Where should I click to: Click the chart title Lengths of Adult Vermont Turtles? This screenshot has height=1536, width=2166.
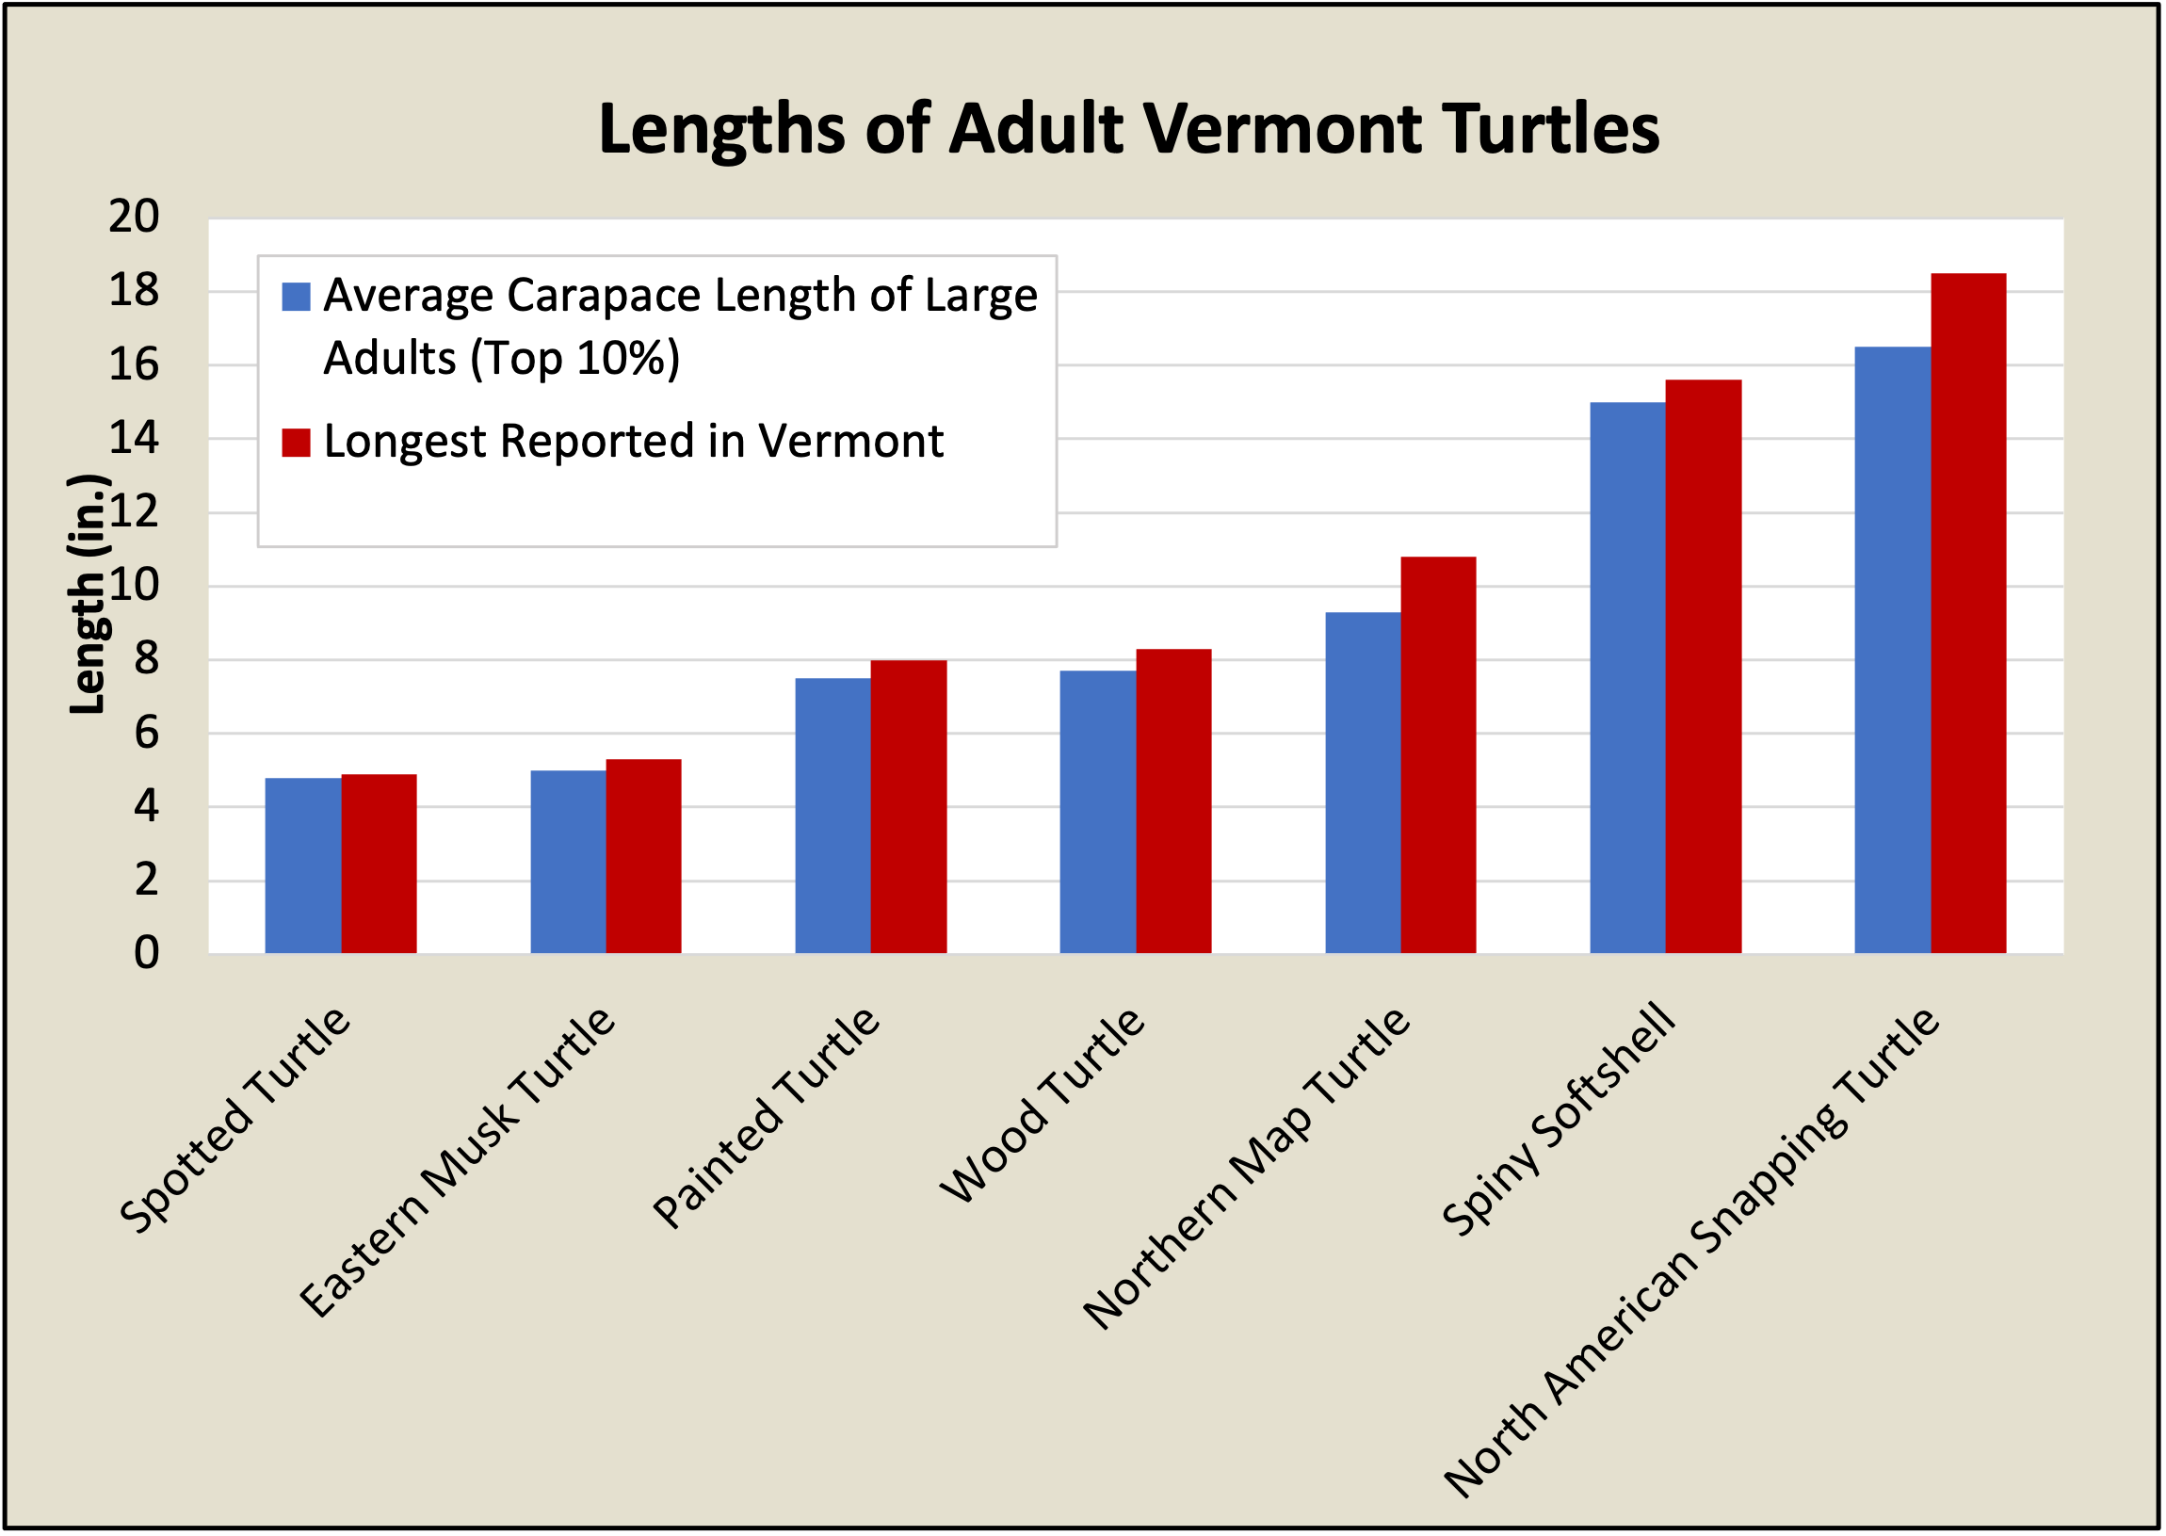point(1128,130)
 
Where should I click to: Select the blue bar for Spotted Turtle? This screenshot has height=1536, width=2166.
point(302,865)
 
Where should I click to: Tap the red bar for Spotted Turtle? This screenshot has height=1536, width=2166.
point(379,863)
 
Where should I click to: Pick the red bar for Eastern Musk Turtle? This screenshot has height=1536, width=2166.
point(643,855)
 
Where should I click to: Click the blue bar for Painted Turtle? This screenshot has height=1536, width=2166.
point(832,815)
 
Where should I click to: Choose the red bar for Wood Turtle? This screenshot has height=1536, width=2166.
point(1172,800)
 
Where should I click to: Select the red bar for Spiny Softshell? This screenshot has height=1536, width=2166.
point(1704,666)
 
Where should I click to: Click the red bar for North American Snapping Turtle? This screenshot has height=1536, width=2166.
point(1968,613)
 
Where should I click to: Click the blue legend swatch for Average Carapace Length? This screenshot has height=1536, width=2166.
point(296,297)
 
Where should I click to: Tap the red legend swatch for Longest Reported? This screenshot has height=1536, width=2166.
point(296,443)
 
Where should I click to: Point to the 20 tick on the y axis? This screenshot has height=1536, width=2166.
point(135,218)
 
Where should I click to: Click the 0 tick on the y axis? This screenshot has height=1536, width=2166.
point(147,952)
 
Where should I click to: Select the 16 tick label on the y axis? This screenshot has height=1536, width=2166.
point(135,365)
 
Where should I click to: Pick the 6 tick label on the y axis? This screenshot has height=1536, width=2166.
point(147,733)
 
